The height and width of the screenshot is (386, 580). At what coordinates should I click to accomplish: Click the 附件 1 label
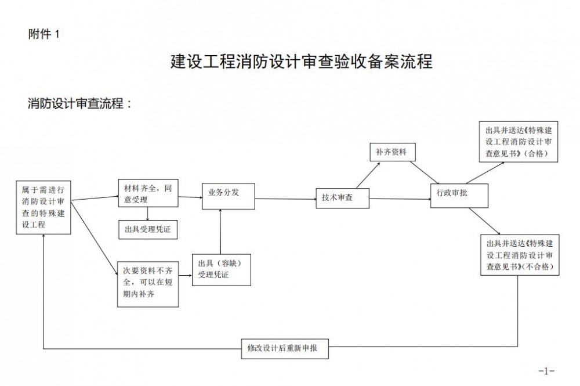click(44, 34)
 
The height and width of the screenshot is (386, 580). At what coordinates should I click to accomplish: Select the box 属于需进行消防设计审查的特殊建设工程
click(44, 207)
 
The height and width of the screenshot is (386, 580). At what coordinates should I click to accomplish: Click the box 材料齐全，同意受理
click(147, 193)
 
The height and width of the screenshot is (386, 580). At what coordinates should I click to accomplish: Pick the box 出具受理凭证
click(147, 230)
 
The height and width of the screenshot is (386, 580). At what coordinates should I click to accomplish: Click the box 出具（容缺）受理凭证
click(221, 269)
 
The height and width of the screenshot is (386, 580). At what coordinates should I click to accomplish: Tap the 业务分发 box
click(228, 195)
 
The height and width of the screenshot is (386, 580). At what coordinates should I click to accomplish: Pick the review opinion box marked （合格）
click(518, 142)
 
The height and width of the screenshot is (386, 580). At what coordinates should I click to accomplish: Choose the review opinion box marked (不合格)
click(519, 254)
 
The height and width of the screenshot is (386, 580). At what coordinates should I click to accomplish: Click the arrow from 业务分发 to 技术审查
click(284, 199)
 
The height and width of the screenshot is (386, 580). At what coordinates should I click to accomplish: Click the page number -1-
click(546, 370)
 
